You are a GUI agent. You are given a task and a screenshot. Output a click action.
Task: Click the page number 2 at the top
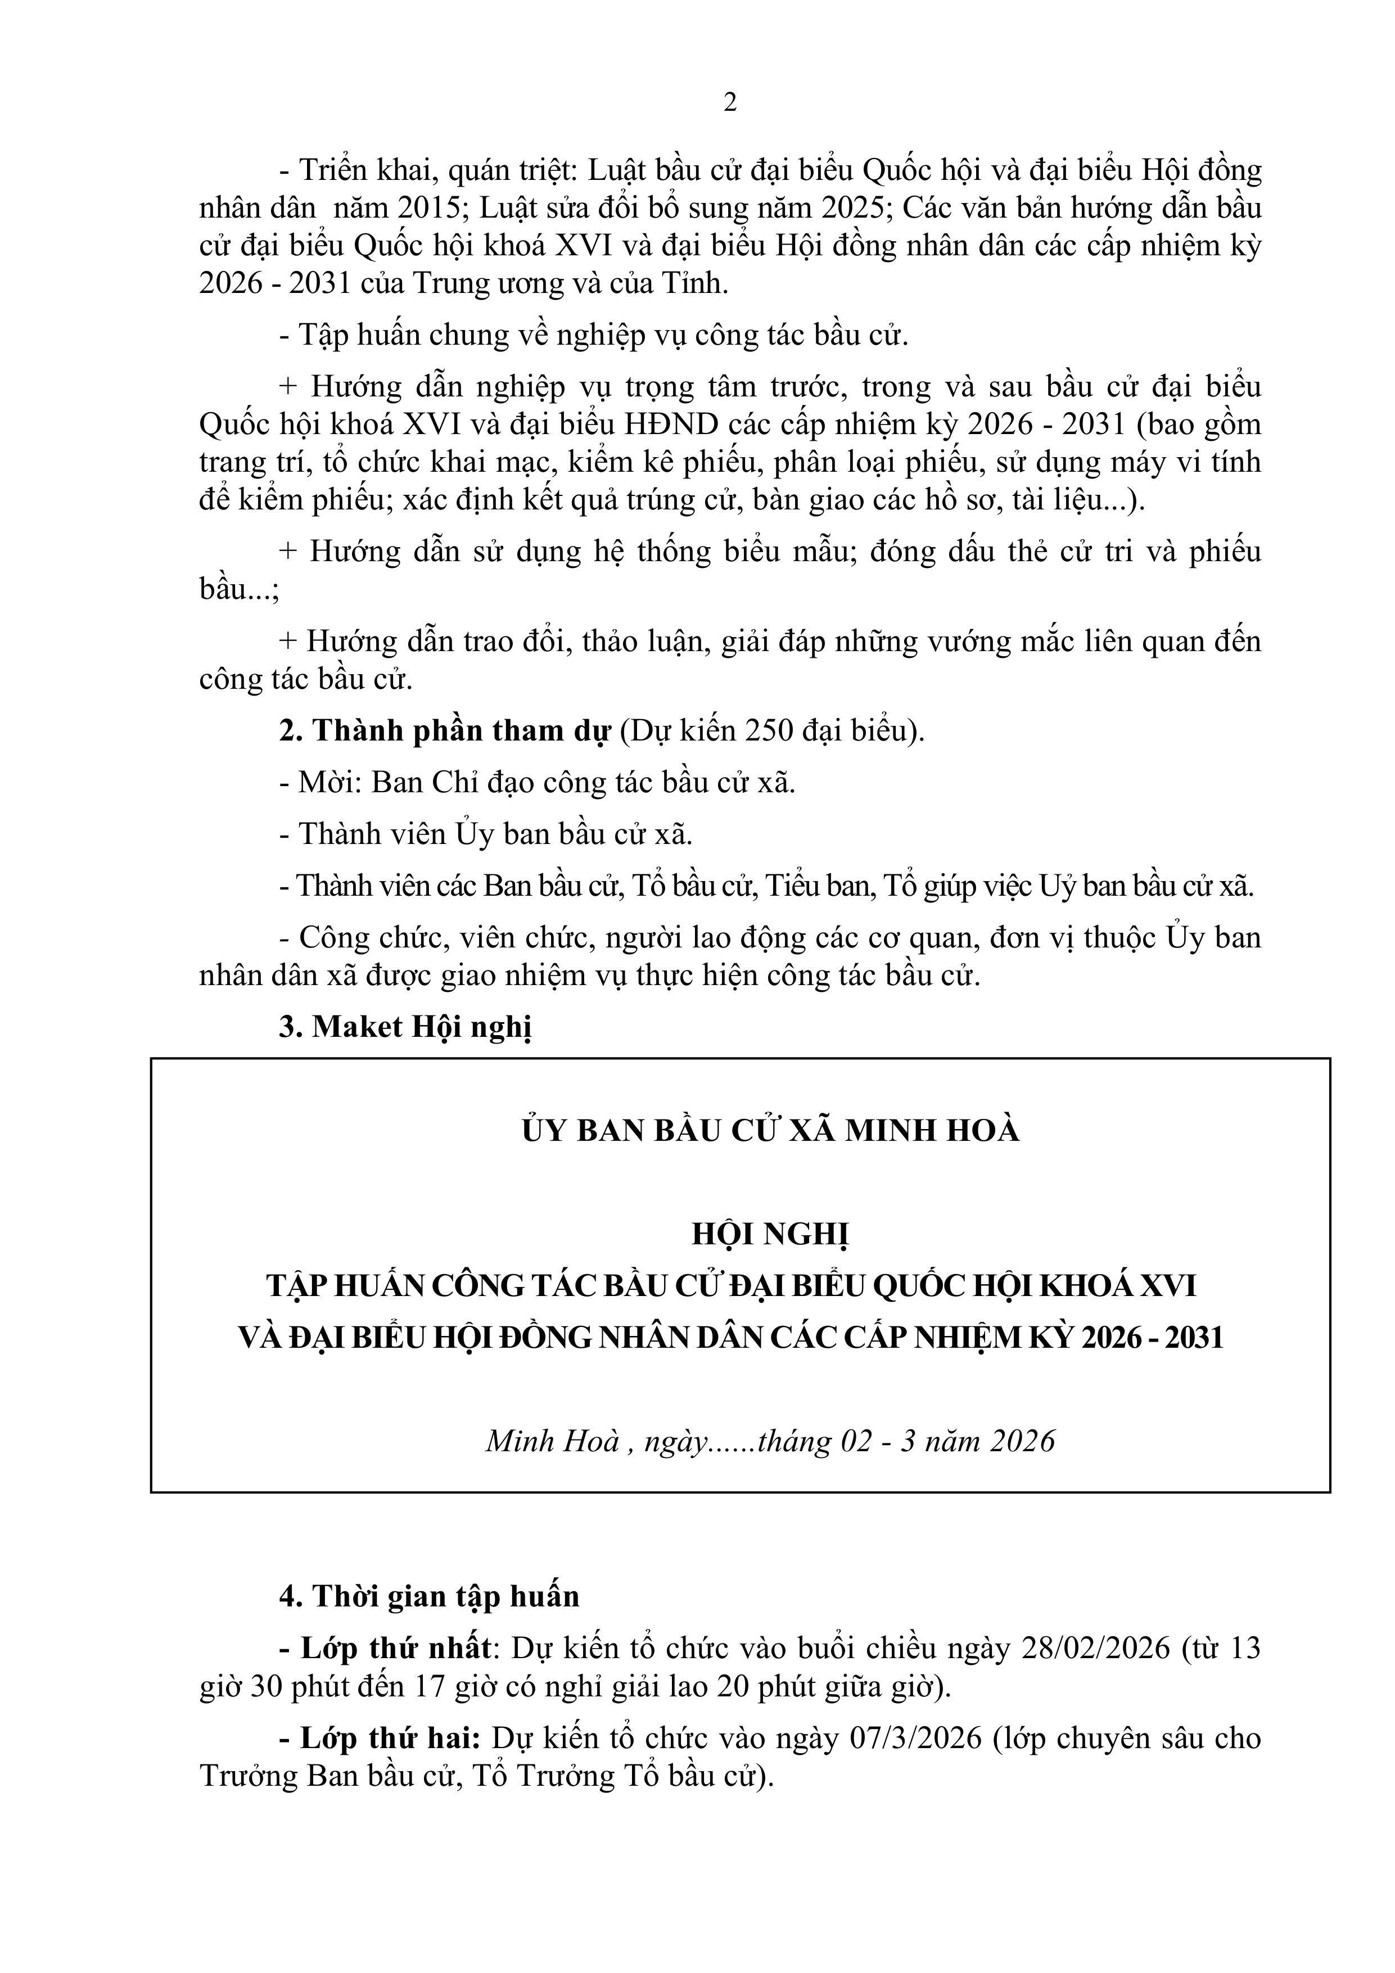point(730,103)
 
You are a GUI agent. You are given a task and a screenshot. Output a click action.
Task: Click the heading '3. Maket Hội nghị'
point(406,1027)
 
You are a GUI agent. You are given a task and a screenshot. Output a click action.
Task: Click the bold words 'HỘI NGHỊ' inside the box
point(771,1235)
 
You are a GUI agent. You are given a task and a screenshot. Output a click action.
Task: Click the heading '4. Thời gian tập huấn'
point(430,1597)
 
